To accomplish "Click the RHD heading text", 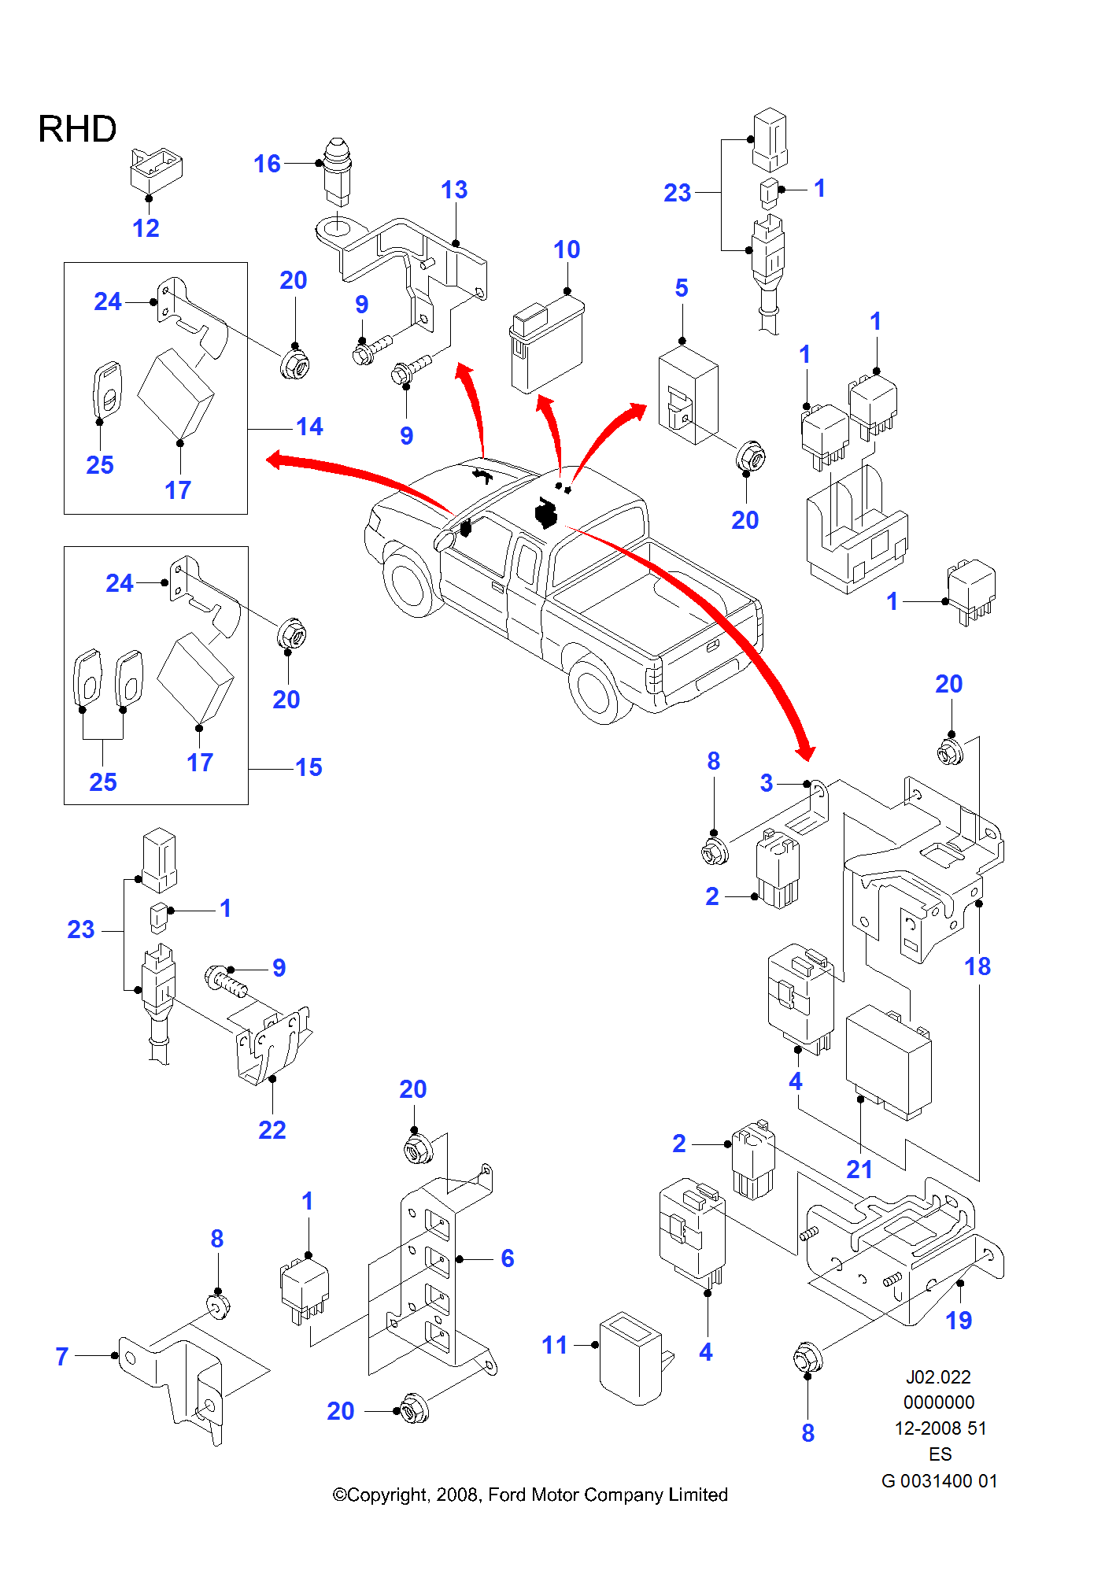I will click(x=77, y=129).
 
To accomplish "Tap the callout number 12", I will click(x=146, y=228).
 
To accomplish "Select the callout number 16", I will click(x=267, y=164).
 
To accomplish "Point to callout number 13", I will click(x=454, y=190).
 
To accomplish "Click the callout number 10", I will click(x=567, y=249).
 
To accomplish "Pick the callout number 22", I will click(x=272, y=1130).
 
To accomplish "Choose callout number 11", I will click(x=554, y=1345).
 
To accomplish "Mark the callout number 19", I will click(x=959, y=1320).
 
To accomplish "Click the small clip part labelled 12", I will click(x=156, y=168).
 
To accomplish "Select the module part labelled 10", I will click(x=547, y=346).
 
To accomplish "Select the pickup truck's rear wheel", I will click(x=598, y=689).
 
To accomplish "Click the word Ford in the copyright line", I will click(x=507, y=1495).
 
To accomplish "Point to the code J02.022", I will click(x=938, y=1377).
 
